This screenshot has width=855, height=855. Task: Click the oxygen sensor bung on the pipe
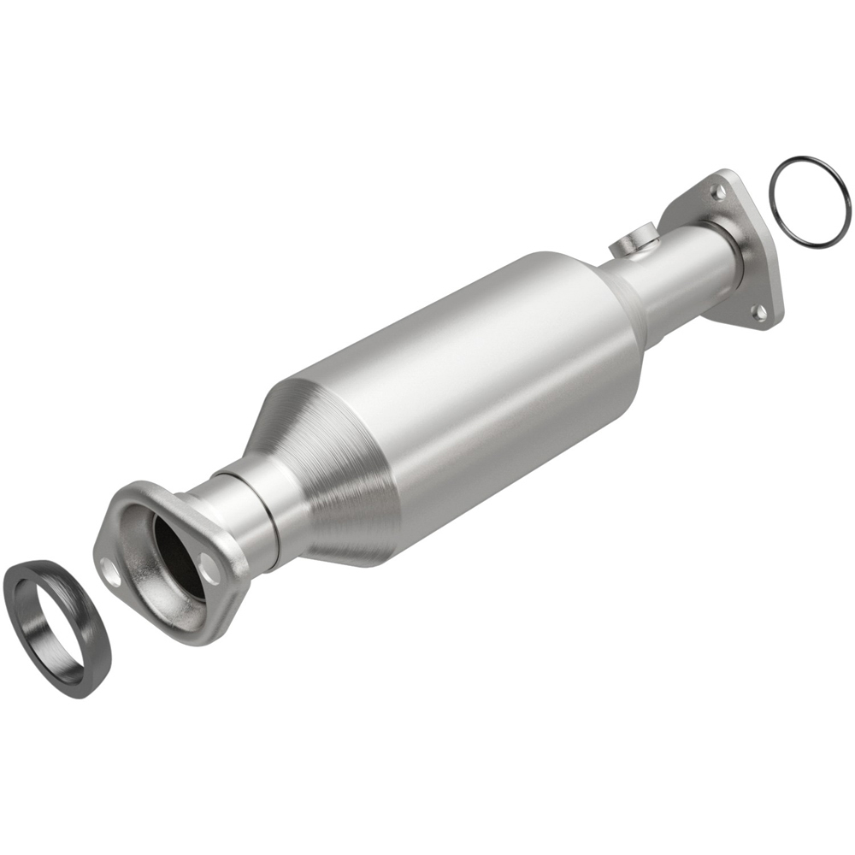(633, 242)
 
